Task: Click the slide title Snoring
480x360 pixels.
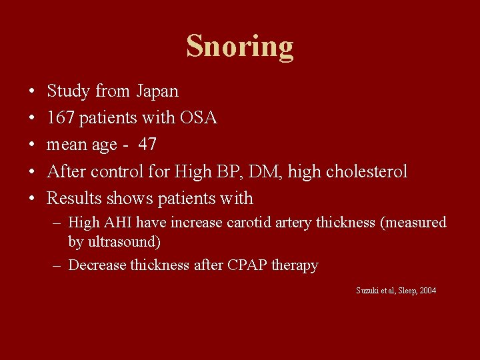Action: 240,47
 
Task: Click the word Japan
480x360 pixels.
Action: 158,91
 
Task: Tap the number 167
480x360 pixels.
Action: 61,118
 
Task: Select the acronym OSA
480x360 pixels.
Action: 198,118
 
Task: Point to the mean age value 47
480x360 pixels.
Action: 148,145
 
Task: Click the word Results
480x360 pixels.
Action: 71,198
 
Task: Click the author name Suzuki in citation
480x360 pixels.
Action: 367,291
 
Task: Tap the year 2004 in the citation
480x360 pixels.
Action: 426,291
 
